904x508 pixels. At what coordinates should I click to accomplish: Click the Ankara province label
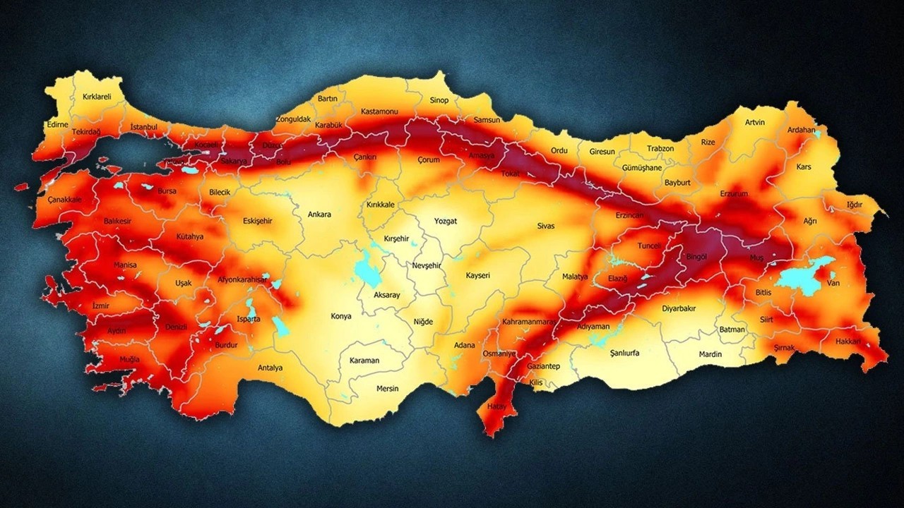point(319,214)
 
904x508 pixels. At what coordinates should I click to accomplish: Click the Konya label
point(341,316)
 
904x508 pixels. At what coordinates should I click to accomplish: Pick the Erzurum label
point(733,193)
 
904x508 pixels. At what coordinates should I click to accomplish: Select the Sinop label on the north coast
point(439,100)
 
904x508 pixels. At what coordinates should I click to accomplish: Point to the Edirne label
point(56,124)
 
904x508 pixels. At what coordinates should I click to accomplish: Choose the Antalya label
point(270,368)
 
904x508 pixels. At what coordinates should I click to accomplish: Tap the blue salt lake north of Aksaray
point(367,269)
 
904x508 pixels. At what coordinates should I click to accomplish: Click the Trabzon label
point(660,149)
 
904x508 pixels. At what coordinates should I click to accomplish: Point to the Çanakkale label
point(65,200)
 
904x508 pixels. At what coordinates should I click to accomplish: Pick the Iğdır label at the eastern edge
point(855,205)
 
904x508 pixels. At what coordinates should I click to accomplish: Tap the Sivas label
point(546,226)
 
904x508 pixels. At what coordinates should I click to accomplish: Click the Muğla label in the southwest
point(129,359)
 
